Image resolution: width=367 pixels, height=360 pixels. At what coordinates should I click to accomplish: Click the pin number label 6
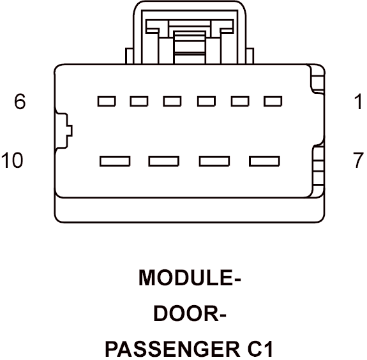(x=20, y=101)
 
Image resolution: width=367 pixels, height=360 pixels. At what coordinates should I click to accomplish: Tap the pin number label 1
(x=358, y=101)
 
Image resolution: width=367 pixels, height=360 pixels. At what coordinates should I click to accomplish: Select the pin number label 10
(x=12, y=160)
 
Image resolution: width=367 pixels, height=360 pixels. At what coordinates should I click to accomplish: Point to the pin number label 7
(x=358, y=160)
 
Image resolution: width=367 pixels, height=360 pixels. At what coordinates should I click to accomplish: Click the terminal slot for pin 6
(x=107, y=101)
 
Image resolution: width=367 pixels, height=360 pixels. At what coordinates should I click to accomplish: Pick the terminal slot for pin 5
(x=139, y=101)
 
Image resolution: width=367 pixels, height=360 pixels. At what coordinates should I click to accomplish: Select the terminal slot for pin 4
(x=172, y=101)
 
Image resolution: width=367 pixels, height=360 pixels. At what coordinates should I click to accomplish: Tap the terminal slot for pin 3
(x=206, y=101)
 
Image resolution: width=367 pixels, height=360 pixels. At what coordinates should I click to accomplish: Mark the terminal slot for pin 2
(x=240, y=101)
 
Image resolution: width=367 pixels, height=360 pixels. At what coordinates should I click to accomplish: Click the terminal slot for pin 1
(x=273, y=101)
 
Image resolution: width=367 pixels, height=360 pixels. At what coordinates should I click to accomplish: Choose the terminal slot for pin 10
(x=115, y=161)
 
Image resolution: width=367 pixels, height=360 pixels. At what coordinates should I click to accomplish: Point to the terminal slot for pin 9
(x=164, y=161)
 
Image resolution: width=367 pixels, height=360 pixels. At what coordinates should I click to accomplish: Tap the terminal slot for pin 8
(x=214, y=161)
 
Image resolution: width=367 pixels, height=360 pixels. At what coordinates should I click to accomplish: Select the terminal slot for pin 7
(x=264, y=161)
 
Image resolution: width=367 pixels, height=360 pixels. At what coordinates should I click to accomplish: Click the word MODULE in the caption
(x=186, y=278)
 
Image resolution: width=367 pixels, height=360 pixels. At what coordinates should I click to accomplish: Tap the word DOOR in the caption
(x=186, y=313)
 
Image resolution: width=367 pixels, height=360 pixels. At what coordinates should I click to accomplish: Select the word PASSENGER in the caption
(x=173, y=349)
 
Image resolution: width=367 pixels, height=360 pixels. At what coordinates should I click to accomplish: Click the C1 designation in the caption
(x=260, y=349)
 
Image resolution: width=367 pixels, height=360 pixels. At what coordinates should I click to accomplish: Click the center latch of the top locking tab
(x=190, y=47)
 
